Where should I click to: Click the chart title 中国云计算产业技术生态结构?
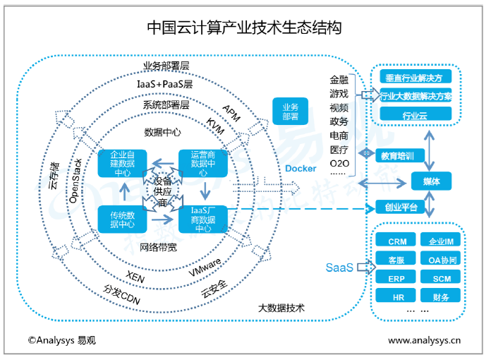pyautogui.click(x=244, y=28)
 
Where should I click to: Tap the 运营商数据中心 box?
pyautogui.click(x=203, y=163)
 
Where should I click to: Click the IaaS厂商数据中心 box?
pyautogui.click(x=204, y=219)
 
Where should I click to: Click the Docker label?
pyautogui.click(x=301, y=169)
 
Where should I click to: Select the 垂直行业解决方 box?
pyautogui.click(x=415, y=78)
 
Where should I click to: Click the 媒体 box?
pyautogui.click(x=432, y=181)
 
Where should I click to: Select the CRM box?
pyautogui.click(x=396, y=242)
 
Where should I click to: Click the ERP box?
pyautogui.click(x=396, y=278)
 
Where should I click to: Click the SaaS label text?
pyautogui.click(x=339, y=268)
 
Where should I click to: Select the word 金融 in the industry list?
pyautogui.click(x=339, y=80)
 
